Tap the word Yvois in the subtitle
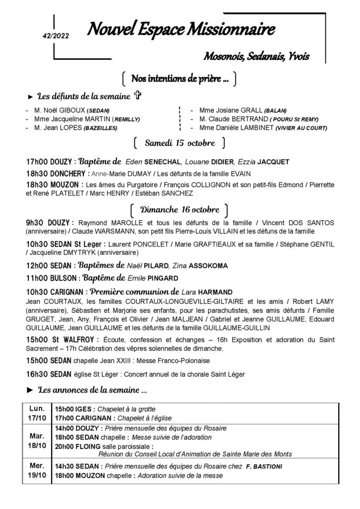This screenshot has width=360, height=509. (x=297, y=56)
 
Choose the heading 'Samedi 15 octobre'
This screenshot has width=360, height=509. (x=180, y=144)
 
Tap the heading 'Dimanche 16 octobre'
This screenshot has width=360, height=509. (x=180, y=208)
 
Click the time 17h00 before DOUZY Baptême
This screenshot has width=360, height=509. (x=37, y=162)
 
